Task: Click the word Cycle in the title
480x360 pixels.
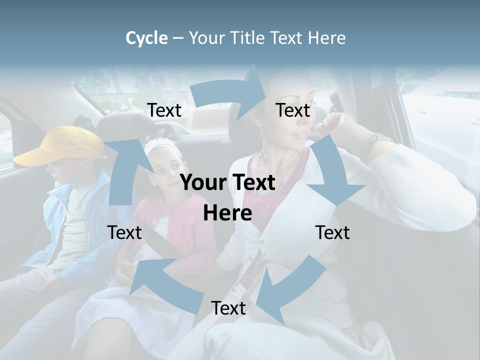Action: (x=146, y=38)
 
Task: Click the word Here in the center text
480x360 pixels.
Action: (x=227, y=213)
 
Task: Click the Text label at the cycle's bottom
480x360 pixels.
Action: (x=228, y=308)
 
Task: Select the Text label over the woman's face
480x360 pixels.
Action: (x=293, y=110)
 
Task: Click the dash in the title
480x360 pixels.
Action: (x=178, y=38)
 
